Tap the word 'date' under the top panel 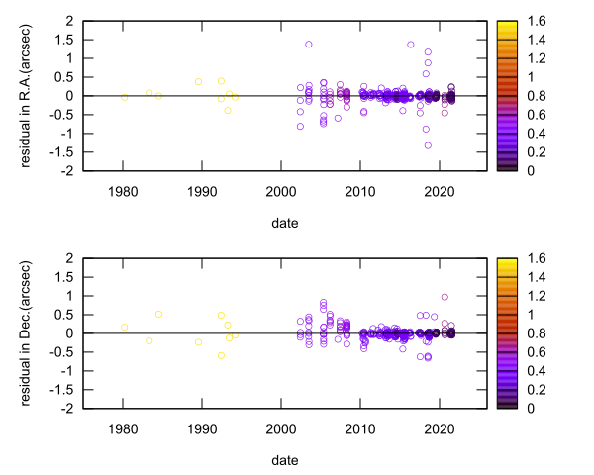(282, 223)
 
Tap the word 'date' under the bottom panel (282, 460)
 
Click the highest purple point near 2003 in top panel (309, 45)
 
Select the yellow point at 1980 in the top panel (124, 97)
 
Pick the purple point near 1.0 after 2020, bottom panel (445, 297)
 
